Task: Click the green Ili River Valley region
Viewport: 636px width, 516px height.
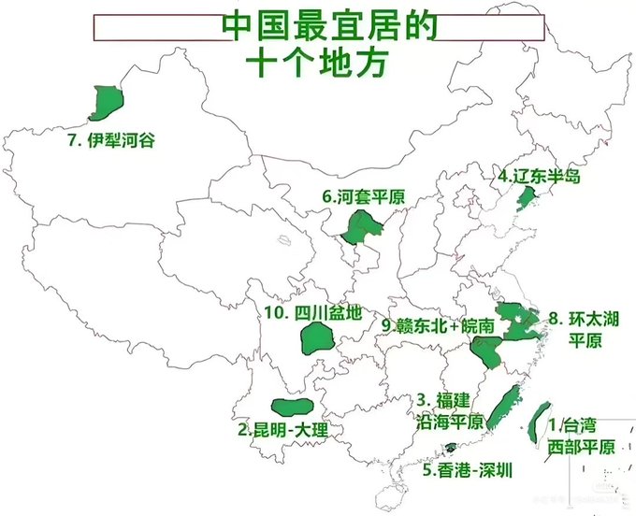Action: point(107,102)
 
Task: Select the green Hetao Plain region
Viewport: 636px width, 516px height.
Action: point(359,226)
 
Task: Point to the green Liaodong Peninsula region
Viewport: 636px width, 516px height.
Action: point(526,197)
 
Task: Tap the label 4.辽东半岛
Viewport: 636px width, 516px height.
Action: point(539,176)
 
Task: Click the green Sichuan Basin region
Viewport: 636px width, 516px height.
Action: point(317,338)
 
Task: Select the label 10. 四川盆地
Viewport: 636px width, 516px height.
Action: point(312,312)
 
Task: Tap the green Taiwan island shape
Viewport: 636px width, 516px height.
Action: point(541,421)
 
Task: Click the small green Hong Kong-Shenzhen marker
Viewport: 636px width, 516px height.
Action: point(451,448)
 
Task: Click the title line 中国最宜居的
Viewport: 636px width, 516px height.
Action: point(328,25)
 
